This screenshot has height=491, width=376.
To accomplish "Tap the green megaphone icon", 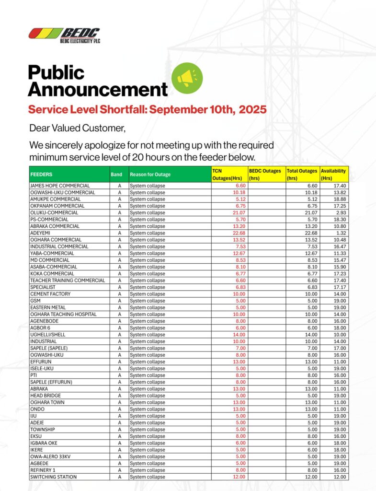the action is pyautogui.click(x=187, y=78).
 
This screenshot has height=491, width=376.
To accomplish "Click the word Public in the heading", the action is pyautogui.click(x=57, y=72).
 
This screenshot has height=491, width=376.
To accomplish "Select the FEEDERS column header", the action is pyautogui.click(x=41, y=175).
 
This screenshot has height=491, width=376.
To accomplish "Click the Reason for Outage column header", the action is pyautogui.click(x=150, y=175).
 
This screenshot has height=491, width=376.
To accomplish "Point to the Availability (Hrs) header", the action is pyautogui.click(x=333, y=175).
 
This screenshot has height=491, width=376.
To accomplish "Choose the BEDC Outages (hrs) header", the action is pyautogui.click(x=265, y=175).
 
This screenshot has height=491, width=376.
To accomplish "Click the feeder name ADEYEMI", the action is pyautogui.click(x=40, y=233).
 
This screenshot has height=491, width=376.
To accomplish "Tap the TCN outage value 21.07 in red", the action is pyautogui.click(x=239, y=212).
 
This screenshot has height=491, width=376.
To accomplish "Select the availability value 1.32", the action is pyautogui.click(x=341, y=233).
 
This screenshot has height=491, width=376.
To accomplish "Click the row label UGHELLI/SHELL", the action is pyautogui.click(x=48, y=335).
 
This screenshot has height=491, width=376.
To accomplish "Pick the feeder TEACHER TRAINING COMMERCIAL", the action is pyautogui.click(x=68, y=281).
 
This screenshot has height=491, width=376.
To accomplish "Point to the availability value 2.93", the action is pyautogui.click(x=341, y=212).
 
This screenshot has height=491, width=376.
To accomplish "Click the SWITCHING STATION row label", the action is pyautogui.click(x=54, y=477).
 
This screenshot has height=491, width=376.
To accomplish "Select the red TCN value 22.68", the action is pyautogui.click(x=239, y=233).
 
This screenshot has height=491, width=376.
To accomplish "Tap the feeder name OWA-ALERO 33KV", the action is pyautogui.click(x=50, y=456).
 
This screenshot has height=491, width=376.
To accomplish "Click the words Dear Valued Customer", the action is pyautogui.click(x=77, y=128).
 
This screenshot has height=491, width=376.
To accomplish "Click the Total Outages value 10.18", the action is pyautogui.click(x=311, y=193).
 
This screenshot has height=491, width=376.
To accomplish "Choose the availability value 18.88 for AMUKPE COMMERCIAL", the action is pyautogui.click(x=340, y=199).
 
